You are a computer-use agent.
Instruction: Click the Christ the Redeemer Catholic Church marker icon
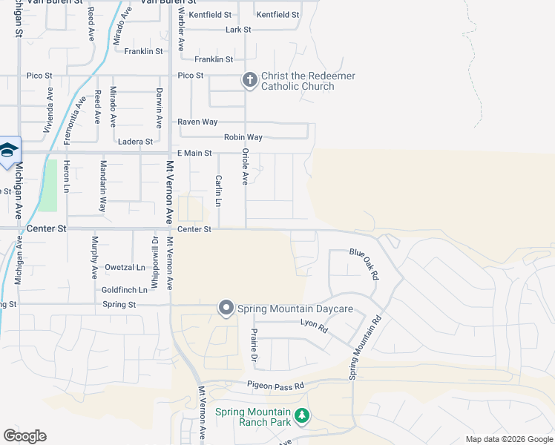coord(250,81)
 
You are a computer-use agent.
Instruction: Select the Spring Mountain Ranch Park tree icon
coord(301,417)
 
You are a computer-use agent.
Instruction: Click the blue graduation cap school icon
coord(7,151)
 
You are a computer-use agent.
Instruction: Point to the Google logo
coord(24,436)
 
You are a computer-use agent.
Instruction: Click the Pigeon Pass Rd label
coord(276,386)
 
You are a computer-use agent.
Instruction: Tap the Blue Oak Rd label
coord(364,263)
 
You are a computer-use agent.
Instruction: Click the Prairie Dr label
coord(254,346)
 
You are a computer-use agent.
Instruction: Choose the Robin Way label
coord(243,137)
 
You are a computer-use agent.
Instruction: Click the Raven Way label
coord(197,122)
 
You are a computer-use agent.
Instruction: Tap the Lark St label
coord(238,30)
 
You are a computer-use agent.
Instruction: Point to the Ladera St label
coord(135,141)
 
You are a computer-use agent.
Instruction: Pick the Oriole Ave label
coord(244,165)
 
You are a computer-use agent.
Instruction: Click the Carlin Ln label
coord(218,191)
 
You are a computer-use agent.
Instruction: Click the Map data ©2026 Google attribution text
coord(508,439)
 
